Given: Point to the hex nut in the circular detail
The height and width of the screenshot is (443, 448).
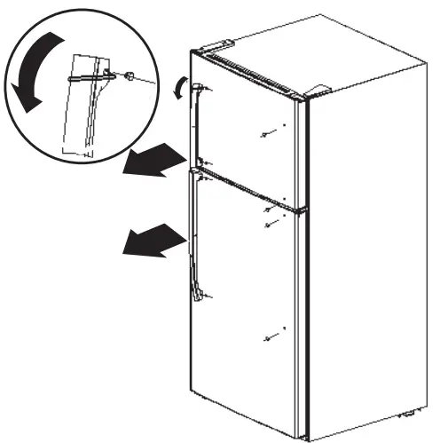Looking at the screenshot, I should [x=130, y=78].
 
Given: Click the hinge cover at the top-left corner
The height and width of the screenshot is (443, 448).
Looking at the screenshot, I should [x=216, y=45].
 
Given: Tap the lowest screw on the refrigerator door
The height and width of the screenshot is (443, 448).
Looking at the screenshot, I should [x=269, y=338].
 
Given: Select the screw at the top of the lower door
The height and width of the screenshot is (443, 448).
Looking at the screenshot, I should [x=268, y=213].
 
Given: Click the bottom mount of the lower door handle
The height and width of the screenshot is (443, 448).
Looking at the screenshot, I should [x=200, y=297].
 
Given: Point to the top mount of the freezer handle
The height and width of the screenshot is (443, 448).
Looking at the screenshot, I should [x=203, y=88].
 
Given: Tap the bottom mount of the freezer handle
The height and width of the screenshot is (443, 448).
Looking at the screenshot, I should [x=203, y=162].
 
